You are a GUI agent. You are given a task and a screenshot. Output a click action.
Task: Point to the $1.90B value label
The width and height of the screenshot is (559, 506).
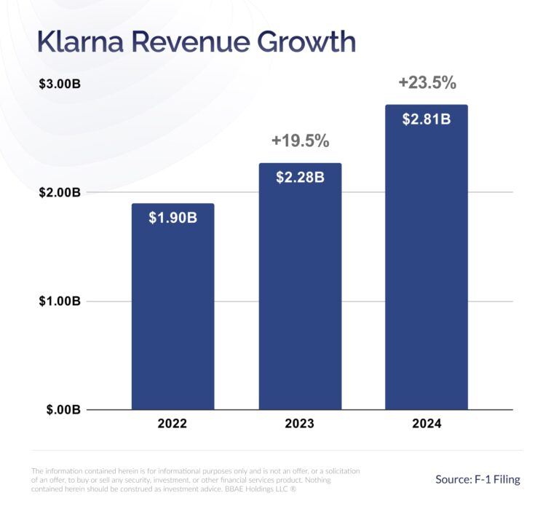coord(173,218)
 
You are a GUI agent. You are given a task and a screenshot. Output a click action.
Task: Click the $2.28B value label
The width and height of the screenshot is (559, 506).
coord(300,177)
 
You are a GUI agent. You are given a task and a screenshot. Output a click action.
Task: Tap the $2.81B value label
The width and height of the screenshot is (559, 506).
coord(426,119)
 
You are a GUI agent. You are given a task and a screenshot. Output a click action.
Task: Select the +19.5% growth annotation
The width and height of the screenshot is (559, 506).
coord(300,141)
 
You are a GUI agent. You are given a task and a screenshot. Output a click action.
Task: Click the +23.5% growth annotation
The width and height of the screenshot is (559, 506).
coord(427,83)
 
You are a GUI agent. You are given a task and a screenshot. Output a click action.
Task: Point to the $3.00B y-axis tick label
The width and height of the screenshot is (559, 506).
coord(59,84)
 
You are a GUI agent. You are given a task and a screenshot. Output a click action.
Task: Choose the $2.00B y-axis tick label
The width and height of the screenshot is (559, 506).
coord(59,192)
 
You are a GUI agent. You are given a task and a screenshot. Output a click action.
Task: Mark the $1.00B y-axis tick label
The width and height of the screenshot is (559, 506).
coord(59,301)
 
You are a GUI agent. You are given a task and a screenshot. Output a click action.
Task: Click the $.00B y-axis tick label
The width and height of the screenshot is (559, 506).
coord(61,410)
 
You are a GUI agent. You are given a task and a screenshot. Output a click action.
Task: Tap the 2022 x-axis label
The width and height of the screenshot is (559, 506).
coord(173,424)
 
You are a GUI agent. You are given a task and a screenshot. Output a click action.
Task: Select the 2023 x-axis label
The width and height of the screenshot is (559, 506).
coord(300,424)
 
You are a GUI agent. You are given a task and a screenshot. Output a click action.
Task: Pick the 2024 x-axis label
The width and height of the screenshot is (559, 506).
coord(426,424)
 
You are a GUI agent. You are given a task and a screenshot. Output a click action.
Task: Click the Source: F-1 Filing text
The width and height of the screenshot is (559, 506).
coord(477,479)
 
